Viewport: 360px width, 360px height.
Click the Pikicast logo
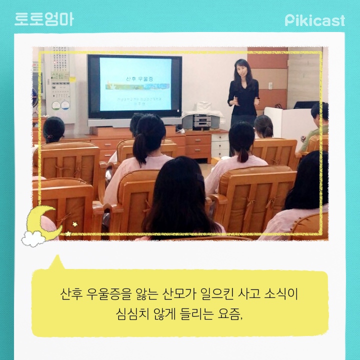(x=315, y=20)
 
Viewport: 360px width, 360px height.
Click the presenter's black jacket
(x=243, y=97)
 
